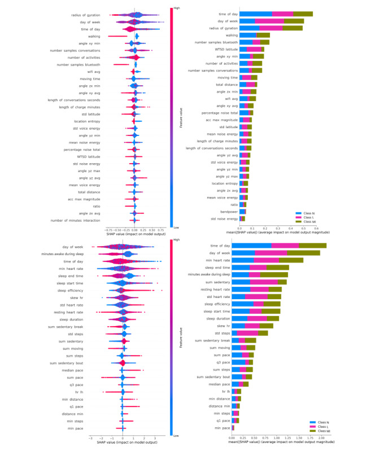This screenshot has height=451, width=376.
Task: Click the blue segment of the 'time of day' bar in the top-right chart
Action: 256,14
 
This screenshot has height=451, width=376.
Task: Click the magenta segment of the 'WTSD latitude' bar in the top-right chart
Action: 255,50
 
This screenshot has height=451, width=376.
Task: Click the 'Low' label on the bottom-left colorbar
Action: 177,436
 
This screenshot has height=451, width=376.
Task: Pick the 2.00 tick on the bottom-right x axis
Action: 321,437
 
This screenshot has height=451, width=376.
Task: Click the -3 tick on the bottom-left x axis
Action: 90,437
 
